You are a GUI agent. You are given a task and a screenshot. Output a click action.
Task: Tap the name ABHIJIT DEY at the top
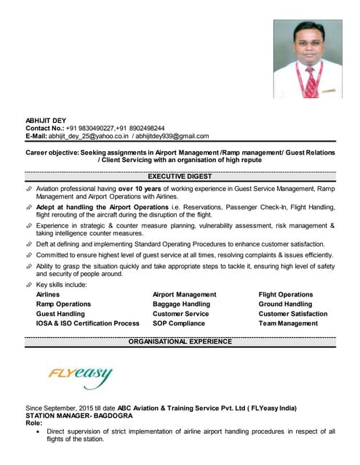click(46, 119)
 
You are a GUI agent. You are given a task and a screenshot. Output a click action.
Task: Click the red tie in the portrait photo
click(311, 81)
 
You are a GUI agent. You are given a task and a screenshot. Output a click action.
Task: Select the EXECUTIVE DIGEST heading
click(180, 177)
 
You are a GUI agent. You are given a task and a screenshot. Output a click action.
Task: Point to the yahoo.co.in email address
click(89, 136)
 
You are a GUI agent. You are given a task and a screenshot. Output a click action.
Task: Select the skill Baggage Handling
click(181, 304)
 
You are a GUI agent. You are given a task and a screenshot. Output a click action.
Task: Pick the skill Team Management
click(288, 323)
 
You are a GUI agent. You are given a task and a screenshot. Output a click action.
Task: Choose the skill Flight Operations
click(286, 295)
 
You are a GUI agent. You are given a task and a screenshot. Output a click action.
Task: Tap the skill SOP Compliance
click(179, 323)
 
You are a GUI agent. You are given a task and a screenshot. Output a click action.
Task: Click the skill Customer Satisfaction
click(293, 314)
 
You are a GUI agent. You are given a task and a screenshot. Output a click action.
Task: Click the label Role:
click(34, 423)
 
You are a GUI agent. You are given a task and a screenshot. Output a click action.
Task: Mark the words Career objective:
click(52, 153)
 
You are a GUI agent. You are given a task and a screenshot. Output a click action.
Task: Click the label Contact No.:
click(45, 128)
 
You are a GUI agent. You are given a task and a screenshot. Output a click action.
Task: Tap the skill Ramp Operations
click(63, 304)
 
